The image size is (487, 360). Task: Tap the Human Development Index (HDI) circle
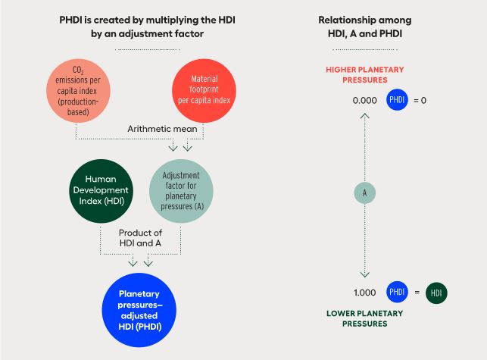100,190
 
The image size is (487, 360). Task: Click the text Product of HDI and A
140,236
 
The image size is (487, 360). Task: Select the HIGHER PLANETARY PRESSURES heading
365,74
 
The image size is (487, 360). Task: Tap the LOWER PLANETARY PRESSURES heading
364,319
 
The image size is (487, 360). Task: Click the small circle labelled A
364,193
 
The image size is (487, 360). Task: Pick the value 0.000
364,99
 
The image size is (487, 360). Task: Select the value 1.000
364,292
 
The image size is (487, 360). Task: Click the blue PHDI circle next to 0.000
396,99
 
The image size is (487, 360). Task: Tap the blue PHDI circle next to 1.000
396,292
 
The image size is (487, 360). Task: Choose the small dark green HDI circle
435,293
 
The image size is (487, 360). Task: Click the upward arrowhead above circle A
364,116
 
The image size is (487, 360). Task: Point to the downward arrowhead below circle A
364,274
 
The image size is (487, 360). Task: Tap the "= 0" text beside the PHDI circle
420,99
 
